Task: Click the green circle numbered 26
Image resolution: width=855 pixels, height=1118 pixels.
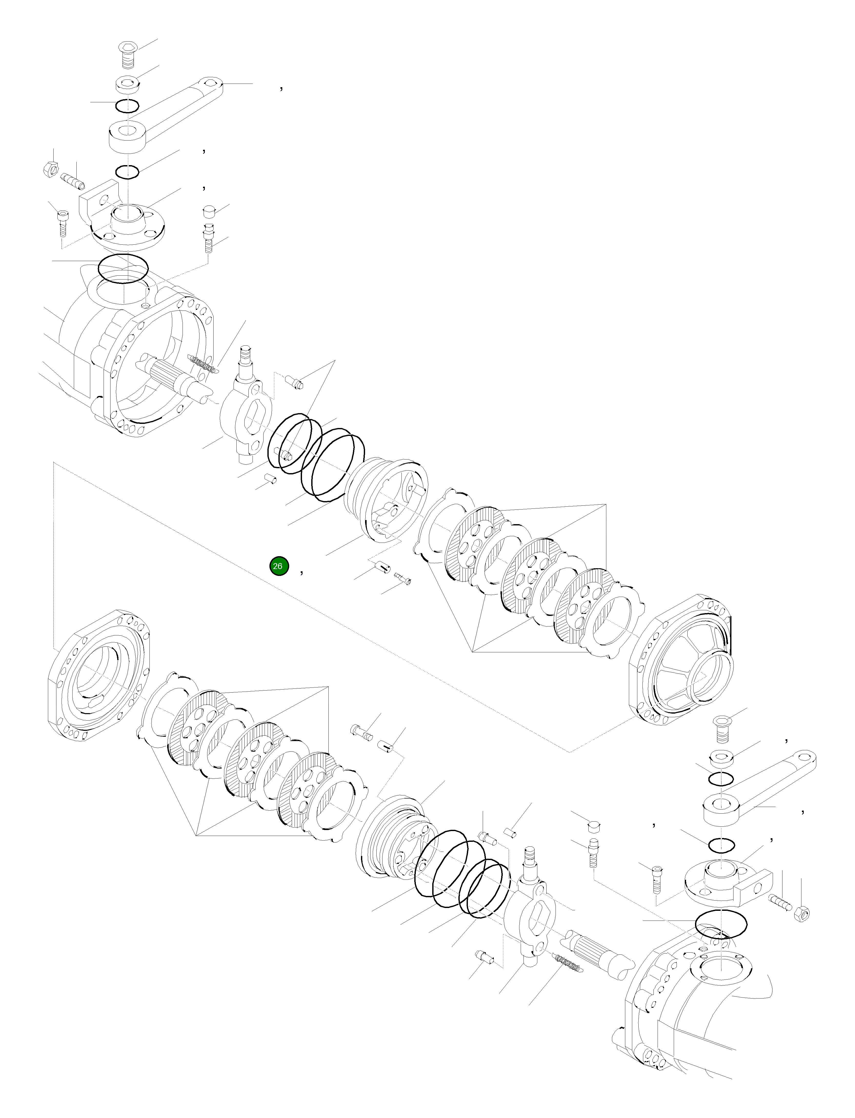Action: pos(279,566)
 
